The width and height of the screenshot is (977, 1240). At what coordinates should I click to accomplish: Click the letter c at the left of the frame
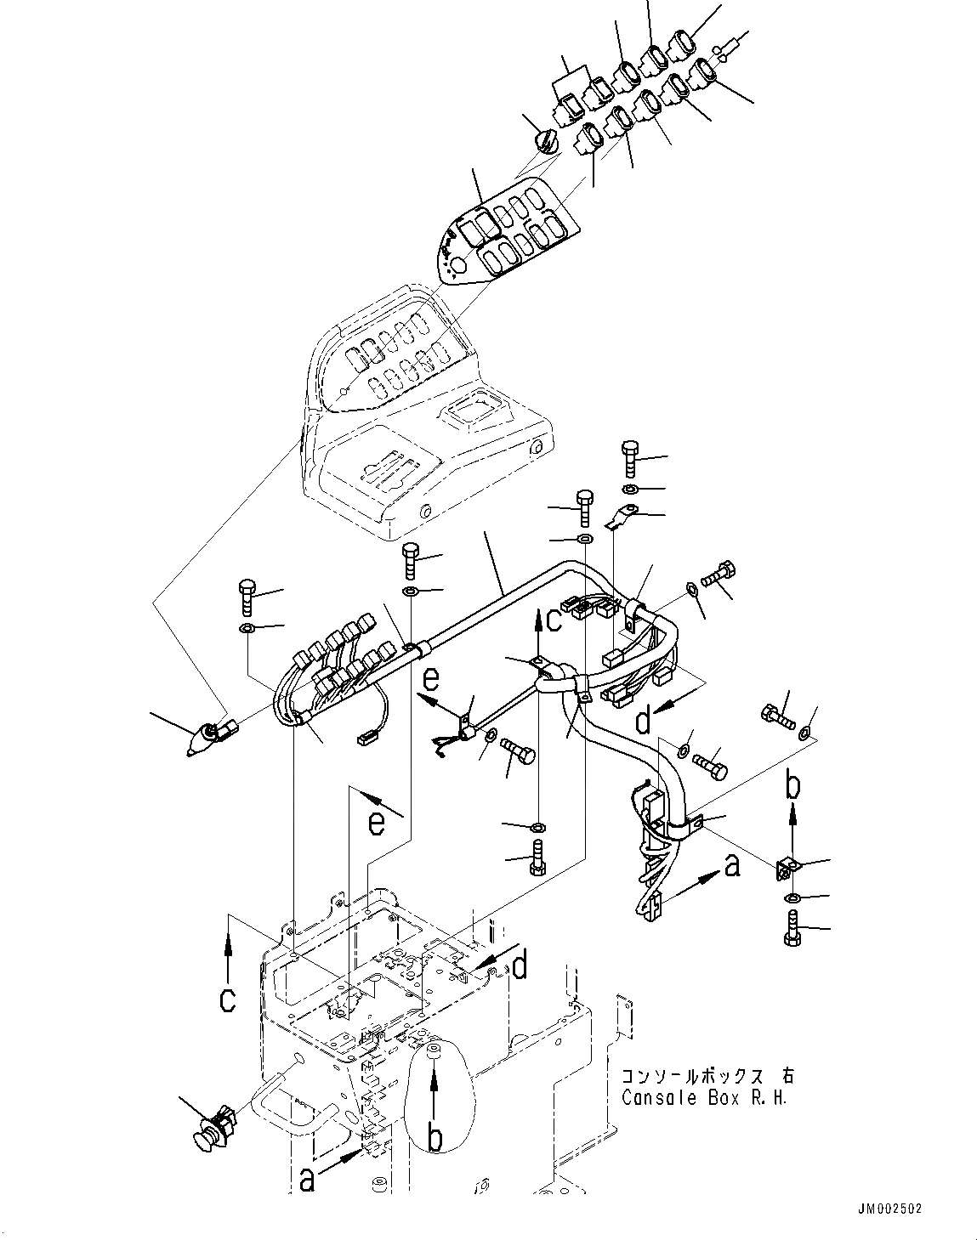tap(228, 1000)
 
